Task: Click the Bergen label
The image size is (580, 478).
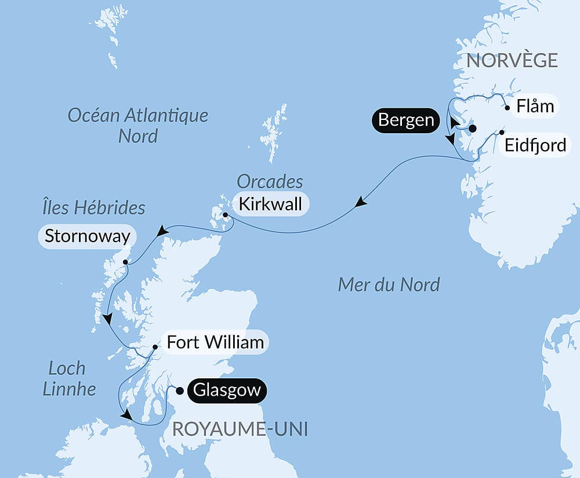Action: coord(405,121)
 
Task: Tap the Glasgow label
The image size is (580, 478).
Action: coord(227,391)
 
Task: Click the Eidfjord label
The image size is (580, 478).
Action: coord(535,145)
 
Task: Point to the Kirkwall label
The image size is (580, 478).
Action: coord(269,205)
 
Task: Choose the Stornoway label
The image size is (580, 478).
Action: coord(87,236)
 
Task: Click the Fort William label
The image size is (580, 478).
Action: coord(215,342)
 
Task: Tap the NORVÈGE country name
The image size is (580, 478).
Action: coord(512,60)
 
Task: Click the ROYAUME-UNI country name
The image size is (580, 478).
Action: coord(240,429)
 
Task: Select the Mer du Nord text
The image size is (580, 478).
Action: coord(389,284)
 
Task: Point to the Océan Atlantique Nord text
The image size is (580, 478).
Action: coord(138,125)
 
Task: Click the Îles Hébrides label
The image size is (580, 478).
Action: coord(93,207)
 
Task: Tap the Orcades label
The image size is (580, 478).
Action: coord(270,182)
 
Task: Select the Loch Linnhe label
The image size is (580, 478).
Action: coord(69,378)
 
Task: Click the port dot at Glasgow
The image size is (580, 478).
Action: coord(179,391)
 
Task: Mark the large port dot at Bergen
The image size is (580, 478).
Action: coord(472,129)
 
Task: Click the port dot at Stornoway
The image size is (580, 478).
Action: coord(125,262)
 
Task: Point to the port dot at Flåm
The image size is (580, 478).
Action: coord(507,107)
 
